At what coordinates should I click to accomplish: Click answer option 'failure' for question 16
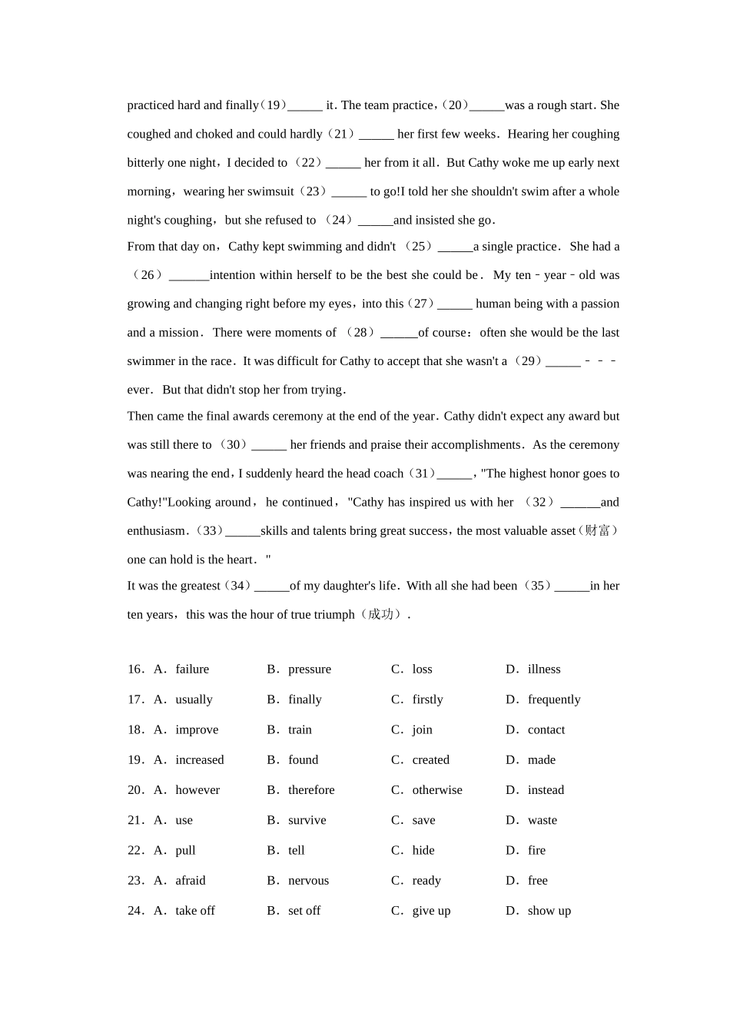[191, 669]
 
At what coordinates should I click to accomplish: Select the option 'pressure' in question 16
[309, 669]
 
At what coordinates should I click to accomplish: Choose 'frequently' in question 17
[553, 699]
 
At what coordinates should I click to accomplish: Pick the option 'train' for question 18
[300, 729]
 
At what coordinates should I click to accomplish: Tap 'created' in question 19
[430, 759]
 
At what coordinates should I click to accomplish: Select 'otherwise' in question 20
[436, 790]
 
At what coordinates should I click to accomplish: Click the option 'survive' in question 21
[307, 820]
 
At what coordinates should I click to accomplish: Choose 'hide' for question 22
[423, 850]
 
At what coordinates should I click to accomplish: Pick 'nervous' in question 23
[308, 880]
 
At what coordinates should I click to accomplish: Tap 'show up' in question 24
[549, 911]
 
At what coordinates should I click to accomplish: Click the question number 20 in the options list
[135, 790]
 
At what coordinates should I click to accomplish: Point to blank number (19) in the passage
[273, 105]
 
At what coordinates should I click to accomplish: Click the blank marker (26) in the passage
[147, 275]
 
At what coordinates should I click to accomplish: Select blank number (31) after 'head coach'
[421, 473]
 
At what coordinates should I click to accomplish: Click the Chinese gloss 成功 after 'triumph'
[381, 615]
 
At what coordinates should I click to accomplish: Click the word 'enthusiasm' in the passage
[157, 531]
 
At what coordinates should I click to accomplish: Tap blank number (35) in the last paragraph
[537, 586]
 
